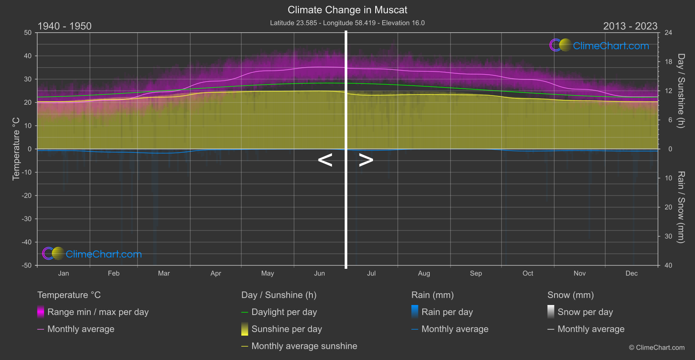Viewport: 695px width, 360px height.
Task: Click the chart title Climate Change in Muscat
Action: (x=347, y=10)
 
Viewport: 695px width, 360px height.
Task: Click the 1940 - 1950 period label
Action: (x=65, y=26)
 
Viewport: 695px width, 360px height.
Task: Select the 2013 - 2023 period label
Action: (x=630, y=26)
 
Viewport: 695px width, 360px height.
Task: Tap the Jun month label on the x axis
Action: (x=319, y=274)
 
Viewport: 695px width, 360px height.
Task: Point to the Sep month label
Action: (x=476, y=274)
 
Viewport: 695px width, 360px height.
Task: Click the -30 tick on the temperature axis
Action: (x=27, y=219)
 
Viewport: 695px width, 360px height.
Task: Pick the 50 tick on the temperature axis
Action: (x=28, y=33)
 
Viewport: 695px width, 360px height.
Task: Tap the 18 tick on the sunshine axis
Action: (x=668, y=62)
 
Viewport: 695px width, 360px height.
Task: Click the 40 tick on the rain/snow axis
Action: (x=668, y=265)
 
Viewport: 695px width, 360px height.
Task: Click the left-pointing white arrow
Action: (x=325, y=160)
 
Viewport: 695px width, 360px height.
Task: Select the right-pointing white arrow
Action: (x=366, y=160)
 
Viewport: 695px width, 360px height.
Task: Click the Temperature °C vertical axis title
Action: (x=16, y=148)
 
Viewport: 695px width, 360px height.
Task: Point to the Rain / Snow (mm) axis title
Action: (x=681, y=207)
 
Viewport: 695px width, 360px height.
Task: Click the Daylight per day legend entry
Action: (x=284, y=312)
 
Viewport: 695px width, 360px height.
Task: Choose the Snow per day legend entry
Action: (x=585, y=312)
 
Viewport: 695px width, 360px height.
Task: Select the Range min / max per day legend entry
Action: (x=98, y=312)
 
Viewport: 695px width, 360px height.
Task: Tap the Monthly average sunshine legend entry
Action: (x=304, y=346)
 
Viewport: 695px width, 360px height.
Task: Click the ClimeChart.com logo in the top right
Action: (x=599, y=45)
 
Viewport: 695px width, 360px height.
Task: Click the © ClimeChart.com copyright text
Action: (x=657, y=348)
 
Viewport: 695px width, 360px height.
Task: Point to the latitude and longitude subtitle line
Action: (x=347, y=23)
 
